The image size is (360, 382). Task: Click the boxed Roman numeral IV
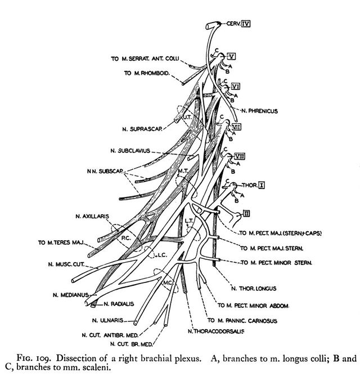(x=245, y=24)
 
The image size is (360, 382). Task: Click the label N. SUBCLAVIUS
(x=135, y=151)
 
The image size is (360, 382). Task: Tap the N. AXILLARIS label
(x=92, y=215)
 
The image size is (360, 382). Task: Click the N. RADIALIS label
(x=119, y=304)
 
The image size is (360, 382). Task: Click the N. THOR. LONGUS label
(x=253, y=289)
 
